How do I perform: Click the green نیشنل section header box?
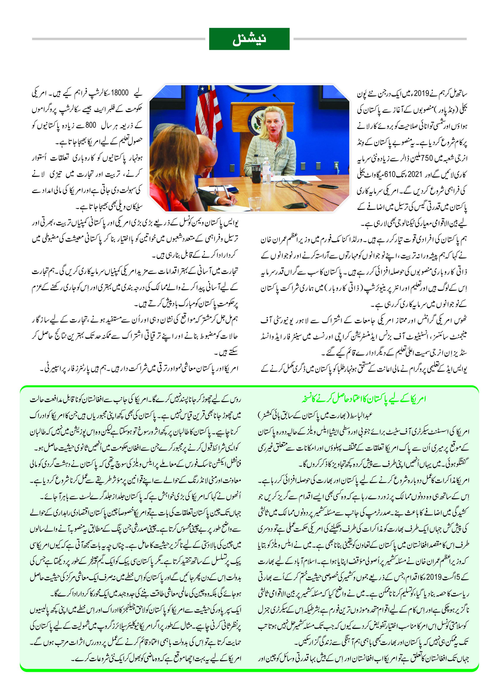tap(249, 39)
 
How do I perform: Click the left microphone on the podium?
tap(246, 98)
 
